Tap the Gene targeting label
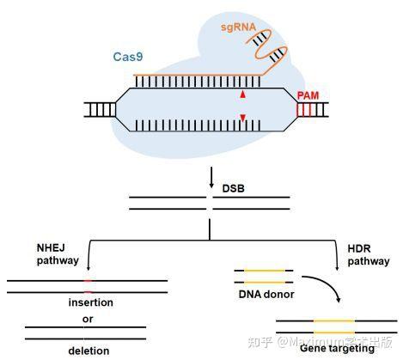coord(333,349)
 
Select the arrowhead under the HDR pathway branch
coord(336,269)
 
